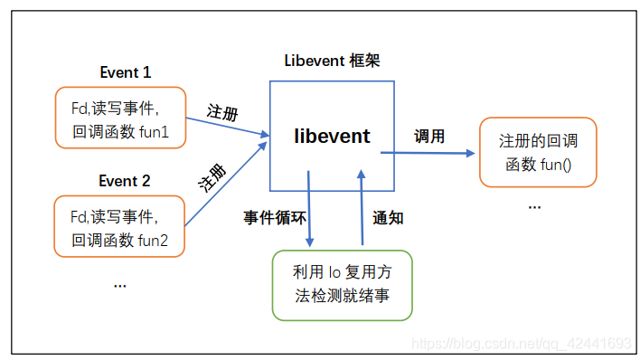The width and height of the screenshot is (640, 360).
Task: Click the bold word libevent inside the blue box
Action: (x=332, y=137)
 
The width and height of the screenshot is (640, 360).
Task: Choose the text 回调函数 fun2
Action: (x=120, y=240)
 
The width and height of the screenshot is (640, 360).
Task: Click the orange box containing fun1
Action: (x=120, y=119)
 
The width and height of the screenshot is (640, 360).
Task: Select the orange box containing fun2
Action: (x=120, y=227)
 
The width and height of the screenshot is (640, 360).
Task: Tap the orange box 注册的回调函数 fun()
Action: (x=538, y=152)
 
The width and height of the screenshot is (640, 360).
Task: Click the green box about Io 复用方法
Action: (x=342, y=284)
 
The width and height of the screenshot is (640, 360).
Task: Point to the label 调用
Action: (x=429, y=137)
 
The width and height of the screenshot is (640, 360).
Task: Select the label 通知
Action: (x=388, y=218)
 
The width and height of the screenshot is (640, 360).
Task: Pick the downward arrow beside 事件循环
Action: (x=310, y=208)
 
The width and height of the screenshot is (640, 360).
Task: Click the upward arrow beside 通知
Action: (x=362, y=208)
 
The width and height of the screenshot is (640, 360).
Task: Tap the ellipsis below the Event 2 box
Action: (x=119, y=284)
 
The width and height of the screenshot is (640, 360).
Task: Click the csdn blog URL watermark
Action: (x=520, y=344)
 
